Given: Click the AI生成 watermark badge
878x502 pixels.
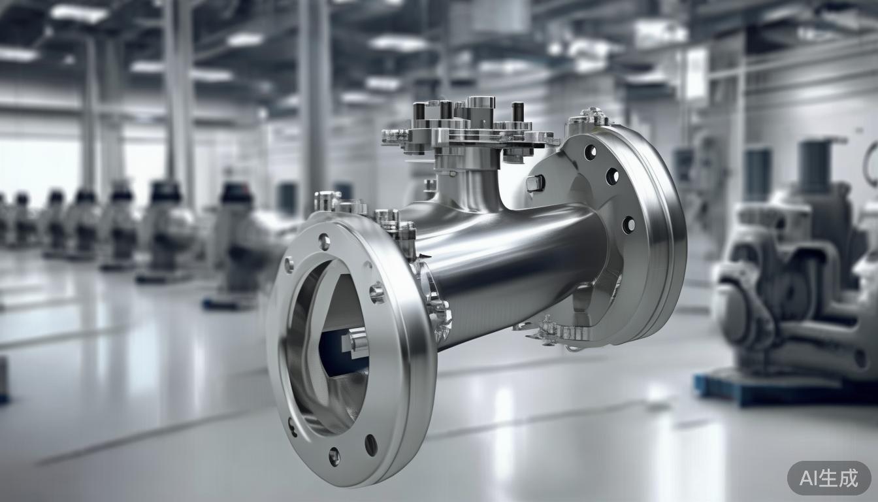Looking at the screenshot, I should pos(829,478).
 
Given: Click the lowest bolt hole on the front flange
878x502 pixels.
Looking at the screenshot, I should pos(334,456).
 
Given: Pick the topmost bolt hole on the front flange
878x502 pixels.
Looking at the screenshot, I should pos(324,242).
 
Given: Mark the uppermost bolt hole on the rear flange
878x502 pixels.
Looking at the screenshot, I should pos(590,152).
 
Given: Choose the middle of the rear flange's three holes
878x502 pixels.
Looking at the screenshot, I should pos(612,176).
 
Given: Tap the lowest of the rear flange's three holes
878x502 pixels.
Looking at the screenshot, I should pos(628,225).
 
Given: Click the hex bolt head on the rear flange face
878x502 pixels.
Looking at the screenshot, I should pos(535,184).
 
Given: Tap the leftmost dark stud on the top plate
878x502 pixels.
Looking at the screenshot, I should pos(419,112).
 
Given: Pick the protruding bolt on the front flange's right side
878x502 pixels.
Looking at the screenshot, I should pos(377,292).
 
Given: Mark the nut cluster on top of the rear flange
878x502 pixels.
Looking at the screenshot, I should pos(590,118).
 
